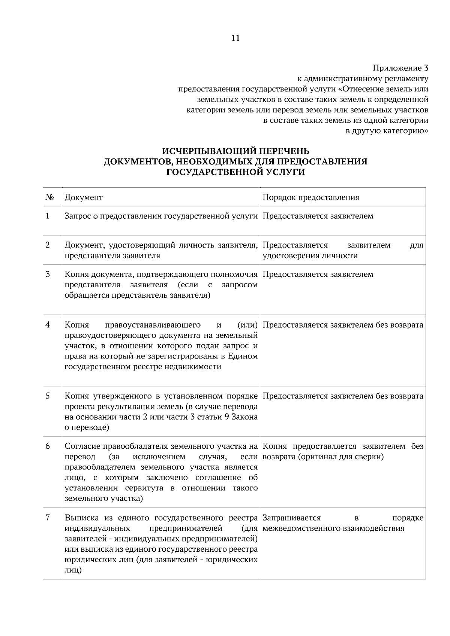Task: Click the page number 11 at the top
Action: pyautogui.click(x=235, y=38)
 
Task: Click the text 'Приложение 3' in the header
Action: pyautogui.click(x=400, y=68)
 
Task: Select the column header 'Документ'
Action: pyautogui.click(x=84, y=197)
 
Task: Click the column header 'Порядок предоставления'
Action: pyautogui.click(x=311, y=197)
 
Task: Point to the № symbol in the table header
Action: pyautogui.click(x=49, y=197)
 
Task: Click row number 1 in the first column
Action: pyautogui.click(x=48, y=216)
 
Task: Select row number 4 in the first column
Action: pyautogui.click(x=48, y=325)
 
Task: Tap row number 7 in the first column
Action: pyautogui.click(x=48, y=518)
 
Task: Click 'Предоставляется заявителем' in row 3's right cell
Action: pyautogui.click(x=318, y=274)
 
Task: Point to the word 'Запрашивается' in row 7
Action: pyautogui.click(x=292, y=518)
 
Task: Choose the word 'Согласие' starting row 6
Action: pyautogui.click(x=82, y=446)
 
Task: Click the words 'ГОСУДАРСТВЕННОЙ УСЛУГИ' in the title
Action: pyautogui.click(x=235, y=172)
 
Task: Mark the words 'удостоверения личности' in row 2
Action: pyautogui.click(x=310, y=255)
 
